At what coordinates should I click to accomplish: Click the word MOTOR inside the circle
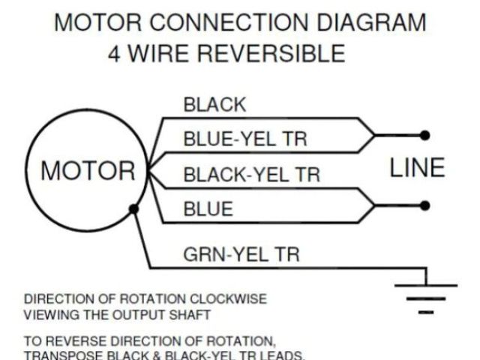88,171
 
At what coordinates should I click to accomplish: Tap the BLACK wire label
214,105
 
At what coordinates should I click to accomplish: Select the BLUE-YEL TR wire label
245,139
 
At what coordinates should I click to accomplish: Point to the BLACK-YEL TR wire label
252,175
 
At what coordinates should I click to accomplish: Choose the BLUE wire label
208,209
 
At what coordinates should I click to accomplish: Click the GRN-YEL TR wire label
241,254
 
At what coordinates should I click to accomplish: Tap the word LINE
418,168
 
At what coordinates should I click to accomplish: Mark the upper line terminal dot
425,135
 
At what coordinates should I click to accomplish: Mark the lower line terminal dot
425,205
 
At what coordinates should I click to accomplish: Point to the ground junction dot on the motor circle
133,209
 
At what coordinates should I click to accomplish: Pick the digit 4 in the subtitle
115,55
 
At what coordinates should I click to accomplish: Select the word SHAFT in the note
190,313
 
